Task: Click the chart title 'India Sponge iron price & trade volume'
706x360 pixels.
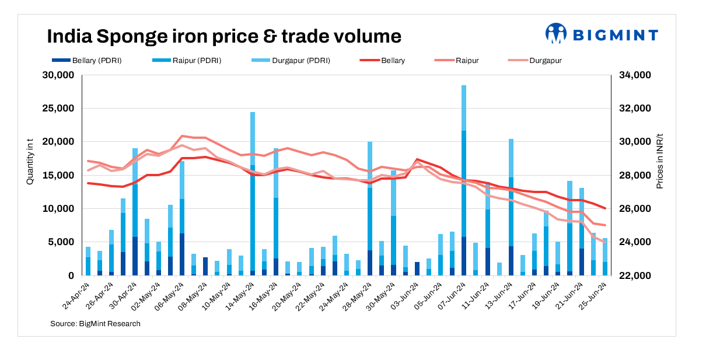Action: point(224,36)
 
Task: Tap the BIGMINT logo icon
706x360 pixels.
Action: point(555,33)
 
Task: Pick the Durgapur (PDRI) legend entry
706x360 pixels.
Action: point(294,60)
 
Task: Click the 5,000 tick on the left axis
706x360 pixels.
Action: point(61,242)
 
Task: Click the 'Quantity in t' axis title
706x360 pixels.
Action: point(30,159)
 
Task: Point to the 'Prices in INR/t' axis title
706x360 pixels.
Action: point(660,159)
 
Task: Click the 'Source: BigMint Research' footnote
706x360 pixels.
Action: point(95,323)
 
